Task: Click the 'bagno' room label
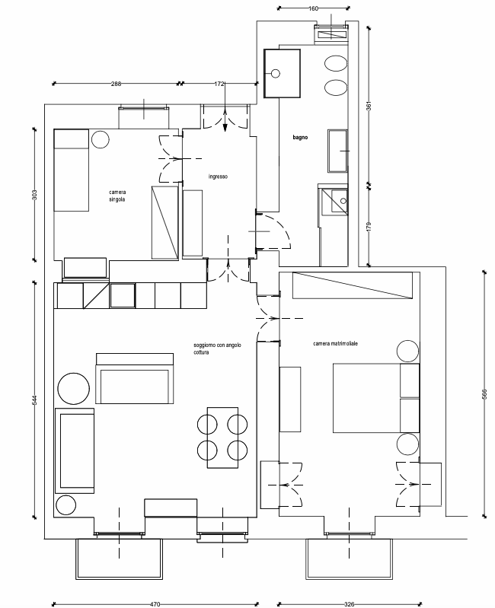click(300, 137)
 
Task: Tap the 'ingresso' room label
click(218, 177)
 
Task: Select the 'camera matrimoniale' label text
click(336, 343)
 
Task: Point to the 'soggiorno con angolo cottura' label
click(218, 349)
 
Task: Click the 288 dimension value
click(116, 84)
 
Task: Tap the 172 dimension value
click(219, 84)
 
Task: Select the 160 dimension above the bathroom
click(313, 8)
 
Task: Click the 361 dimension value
click(369, 106)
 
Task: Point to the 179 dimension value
click(369, 227)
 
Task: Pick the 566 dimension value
click(484, 394)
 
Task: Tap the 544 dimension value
click(34, 399)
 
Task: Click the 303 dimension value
click(34, 194)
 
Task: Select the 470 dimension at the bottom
click(155, 604)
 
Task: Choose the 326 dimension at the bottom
click(349, 604)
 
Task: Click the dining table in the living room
click(222, 438)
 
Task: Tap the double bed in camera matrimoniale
click(376, 398)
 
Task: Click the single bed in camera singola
click(72, 170)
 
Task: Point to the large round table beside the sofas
click(73, 389)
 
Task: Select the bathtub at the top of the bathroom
click(282, 73)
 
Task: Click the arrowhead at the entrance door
click(225, 128)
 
